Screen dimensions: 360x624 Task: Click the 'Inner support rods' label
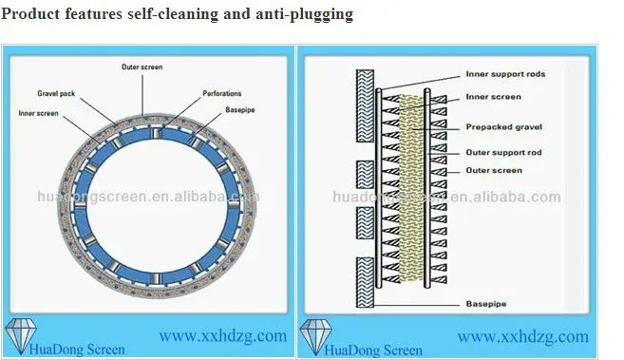505,74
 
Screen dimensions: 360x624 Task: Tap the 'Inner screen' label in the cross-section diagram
493,96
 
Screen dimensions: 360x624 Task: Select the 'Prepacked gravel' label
502,126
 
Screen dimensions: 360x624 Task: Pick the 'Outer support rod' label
503,152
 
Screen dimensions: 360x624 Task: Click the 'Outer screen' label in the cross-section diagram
493,171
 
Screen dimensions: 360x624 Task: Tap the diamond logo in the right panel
314,335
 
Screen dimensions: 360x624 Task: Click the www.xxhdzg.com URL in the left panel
222,335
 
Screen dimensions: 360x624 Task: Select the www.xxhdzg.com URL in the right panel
523,335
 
